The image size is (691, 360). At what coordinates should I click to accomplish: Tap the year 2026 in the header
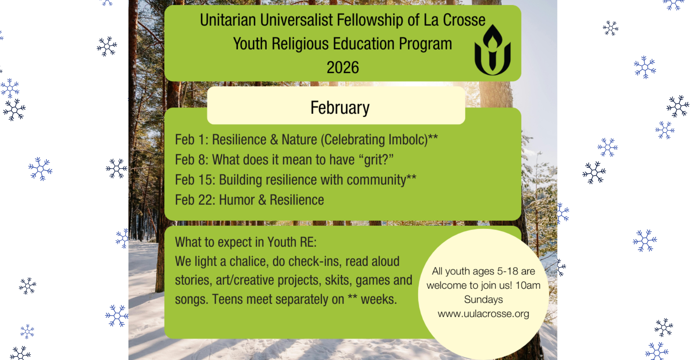coord(343,67)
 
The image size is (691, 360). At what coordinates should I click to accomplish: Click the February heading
coord(340,108)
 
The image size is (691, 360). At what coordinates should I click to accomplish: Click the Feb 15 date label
coord(195,180)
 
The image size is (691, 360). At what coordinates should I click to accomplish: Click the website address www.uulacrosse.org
coord(483,314)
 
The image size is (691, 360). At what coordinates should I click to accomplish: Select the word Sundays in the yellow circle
coord(483,300)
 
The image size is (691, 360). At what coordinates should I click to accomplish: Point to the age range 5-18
coord(507,271)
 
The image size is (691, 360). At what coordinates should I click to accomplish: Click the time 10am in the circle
coord(528,285)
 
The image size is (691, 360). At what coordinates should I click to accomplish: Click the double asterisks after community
coord(411,177)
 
